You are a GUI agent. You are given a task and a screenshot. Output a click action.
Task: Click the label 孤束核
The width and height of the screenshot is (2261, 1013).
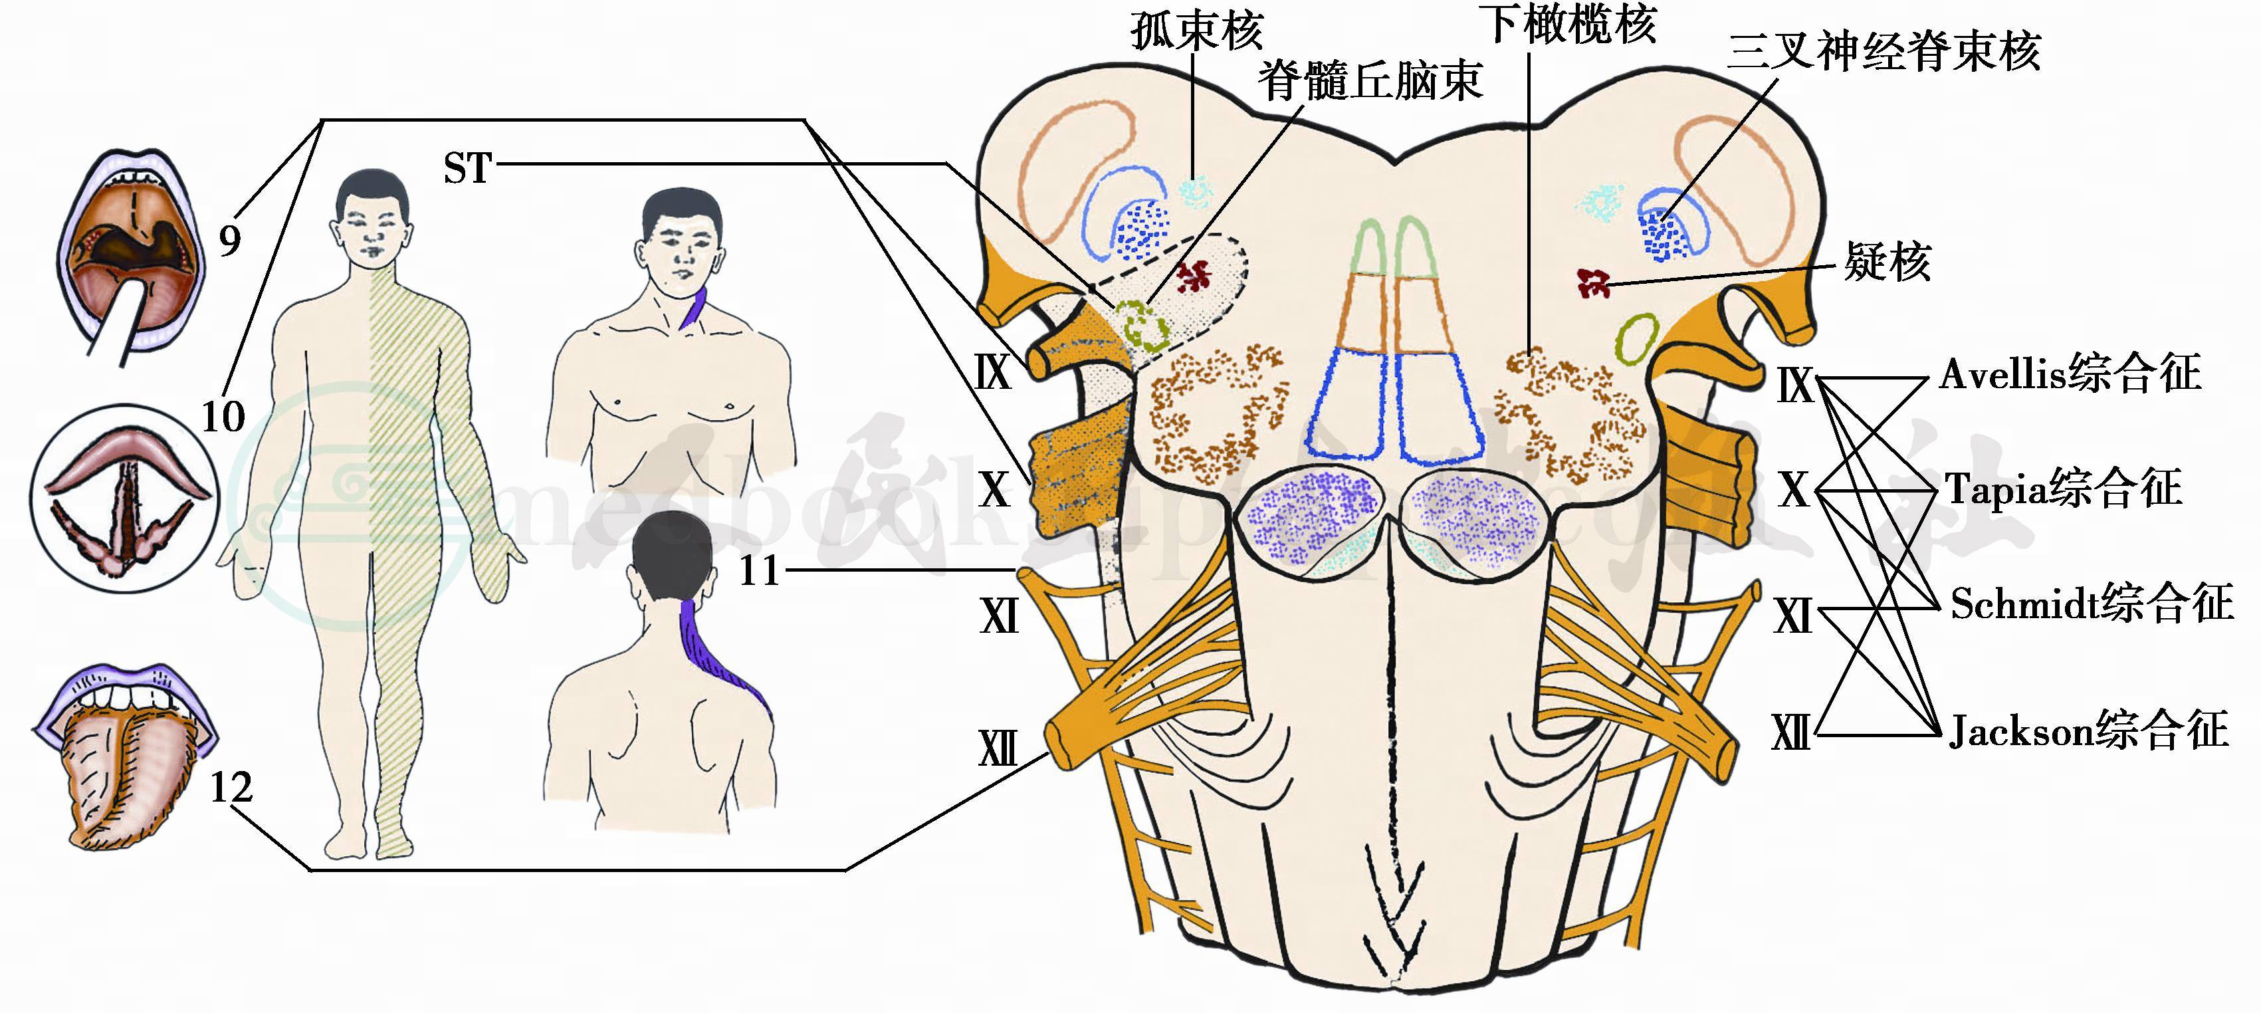[x=1196, y=31]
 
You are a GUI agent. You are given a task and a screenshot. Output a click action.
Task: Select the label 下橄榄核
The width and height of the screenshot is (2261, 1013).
[x=1571, y=24]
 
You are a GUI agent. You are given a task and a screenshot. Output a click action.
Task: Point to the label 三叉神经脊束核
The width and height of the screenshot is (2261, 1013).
[x=1884, y=51]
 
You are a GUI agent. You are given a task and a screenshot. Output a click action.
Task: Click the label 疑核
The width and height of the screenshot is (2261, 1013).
[x=1887, y=262]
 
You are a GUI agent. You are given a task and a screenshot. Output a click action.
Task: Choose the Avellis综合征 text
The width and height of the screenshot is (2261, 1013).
[x=2070, y=375]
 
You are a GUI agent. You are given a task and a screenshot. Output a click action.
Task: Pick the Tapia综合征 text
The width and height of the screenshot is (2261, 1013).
[x=2063, y=489]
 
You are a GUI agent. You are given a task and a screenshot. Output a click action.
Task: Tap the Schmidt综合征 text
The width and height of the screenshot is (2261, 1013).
[x=2091, y=604]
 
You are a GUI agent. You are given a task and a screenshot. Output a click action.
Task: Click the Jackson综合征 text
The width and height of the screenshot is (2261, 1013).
[x=2088, y=731]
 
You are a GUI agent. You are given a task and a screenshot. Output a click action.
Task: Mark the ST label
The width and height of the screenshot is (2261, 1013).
[x=467, y=168]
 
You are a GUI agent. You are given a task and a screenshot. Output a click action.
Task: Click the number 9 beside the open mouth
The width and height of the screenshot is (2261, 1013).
[x=230, y=240]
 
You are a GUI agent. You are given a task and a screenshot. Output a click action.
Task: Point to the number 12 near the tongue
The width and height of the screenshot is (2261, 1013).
[x=231, y=788]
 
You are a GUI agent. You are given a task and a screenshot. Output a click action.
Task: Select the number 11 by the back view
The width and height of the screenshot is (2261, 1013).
[x=759, y=572]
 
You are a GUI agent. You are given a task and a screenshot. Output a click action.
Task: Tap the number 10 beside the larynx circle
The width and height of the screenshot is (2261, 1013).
[x=223, y=416]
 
